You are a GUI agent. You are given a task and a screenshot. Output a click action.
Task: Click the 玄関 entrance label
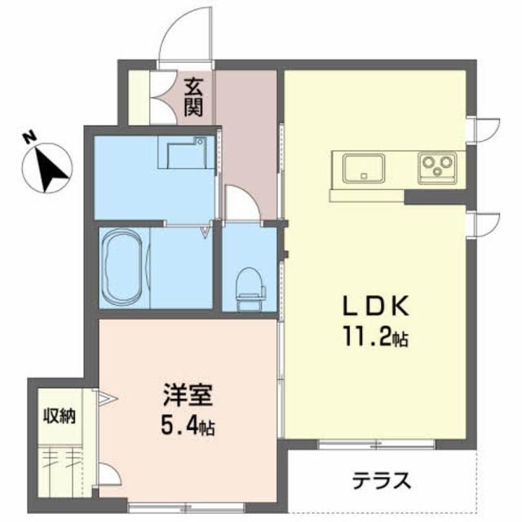point(193,96)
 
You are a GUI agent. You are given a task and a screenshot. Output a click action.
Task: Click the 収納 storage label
point(60,416)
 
